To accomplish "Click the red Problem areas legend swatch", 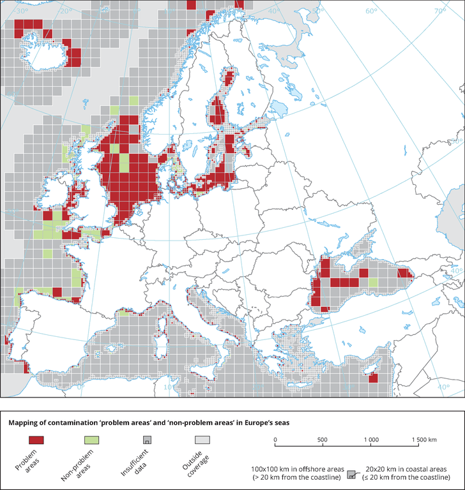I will tap(36, 440).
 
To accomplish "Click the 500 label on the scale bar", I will tap(323, 440).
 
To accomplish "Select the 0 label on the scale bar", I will tap(275, 440).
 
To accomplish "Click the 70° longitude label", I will tap(440, 11).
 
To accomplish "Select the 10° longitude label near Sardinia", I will tap(168, 387).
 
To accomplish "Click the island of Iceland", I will tap(44, 52).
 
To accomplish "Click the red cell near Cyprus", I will tap(373, 378).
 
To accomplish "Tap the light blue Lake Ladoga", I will tap(280, 108).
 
